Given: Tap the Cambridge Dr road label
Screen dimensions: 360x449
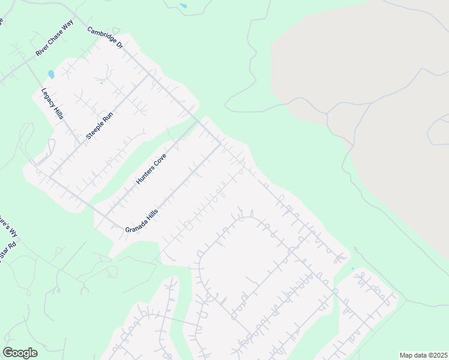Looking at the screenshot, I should (104, 38).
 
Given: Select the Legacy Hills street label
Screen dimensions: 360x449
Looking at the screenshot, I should (52, 104).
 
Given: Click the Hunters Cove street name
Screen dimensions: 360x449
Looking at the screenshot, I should (151, 168).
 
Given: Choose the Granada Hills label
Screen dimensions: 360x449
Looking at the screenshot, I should (142, 221).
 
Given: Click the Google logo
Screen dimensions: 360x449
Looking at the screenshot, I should (20, 353).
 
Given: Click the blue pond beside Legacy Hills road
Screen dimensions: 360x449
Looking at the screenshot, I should (51, 75).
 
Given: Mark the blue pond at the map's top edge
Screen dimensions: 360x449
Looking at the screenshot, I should (182, 6).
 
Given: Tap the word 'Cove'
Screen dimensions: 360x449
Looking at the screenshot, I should (158, 160).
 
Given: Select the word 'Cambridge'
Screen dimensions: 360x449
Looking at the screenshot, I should (99, 33).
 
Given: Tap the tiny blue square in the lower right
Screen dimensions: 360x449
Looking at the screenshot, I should (352, 268).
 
